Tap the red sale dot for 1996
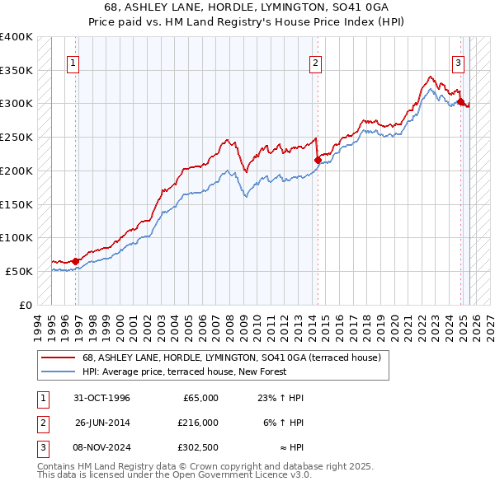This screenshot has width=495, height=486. [76, 261]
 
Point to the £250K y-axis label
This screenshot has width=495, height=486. [16, 137]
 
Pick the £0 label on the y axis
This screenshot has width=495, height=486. [26, 305]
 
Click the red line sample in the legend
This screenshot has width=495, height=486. [57, 358]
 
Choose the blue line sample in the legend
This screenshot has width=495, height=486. [57, 372]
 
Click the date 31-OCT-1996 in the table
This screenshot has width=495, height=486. [102, 398]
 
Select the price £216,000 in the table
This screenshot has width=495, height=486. [198, 423]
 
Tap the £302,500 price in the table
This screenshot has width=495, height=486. [198, 447]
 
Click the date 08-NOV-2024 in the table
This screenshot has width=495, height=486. [102, 447]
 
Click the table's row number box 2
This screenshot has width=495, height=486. [41, 423]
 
